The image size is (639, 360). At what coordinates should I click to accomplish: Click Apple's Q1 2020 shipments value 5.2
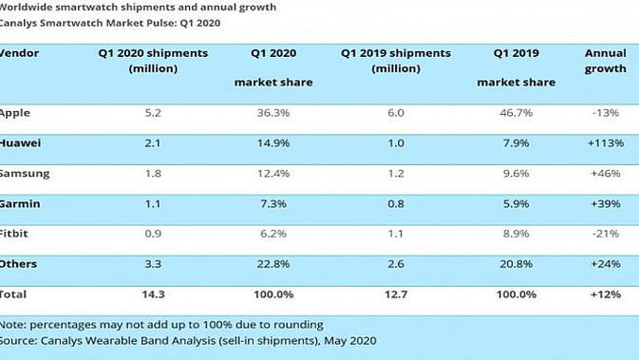point(153,113)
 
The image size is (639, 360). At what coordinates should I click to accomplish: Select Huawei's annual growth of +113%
point(606,143)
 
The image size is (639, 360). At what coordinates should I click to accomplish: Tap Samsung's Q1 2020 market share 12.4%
point(273,173)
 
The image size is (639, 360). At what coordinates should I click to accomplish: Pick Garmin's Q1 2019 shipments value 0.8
point(396,203)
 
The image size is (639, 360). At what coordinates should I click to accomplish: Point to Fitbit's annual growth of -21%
point(606,234)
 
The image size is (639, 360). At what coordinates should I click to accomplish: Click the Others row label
point(18,264)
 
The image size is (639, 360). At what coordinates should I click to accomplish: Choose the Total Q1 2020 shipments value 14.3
point(153,294)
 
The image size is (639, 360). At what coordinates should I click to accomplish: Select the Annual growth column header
point(606,61)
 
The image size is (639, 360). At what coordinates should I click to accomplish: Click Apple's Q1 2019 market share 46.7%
point(516,113)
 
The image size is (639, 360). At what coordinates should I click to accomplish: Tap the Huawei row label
point(20,143)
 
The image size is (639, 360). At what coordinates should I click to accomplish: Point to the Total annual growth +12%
point(606,294)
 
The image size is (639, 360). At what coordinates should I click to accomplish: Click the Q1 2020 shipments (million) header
point(153,61)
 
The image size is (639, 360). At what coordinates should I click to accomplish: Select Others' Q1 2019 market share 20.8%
point(516,264)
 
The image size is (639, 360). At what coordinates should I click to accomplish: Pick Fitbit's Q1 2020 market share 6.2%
point(273,234)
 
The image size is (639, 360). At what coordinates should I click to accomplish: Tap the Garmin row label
point(20,203)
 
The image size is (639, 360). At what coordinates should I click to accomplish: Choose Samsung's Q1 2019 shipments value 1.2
point(396,173)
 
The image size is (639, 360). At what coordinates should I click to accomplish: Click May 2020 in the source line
point(350,340)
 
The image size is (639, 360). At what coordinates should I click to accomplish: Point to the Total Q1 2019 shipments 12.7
point(396,294)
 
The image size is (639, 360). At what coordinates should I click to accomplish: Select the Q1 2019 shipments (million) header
point(396,61)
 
